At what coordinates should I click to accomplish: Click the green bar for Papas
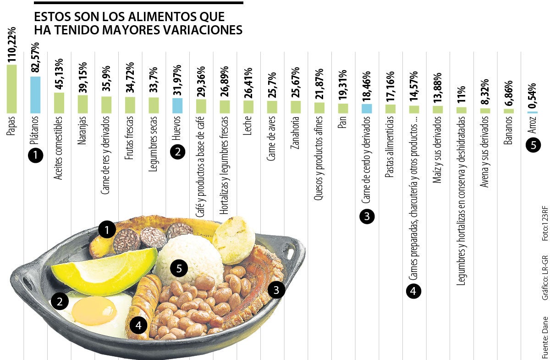pyautogui.click(x=12, y=89)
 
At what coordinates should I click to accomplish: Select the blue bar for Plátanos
pyautogui.click(x=35, y=94)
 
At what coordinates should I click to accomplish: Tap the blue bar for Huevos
pyautogui.click(x=177, y=105)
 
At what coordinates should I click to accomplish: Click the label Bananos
pyautogui.click(x=508, y=132)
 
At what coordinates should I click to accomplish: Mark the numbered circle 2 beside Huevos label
pyautogui.click(x=177, y=152)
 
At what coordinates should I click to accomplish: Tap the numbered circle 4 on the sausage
pyautogui.click(x=138, y=326)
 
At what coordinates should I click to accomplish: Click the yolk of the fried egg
pyautogui.click(x=94, y=310)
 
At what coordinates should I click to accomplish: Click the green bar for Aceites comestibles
pyautogui.click(x=59, y=103)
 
